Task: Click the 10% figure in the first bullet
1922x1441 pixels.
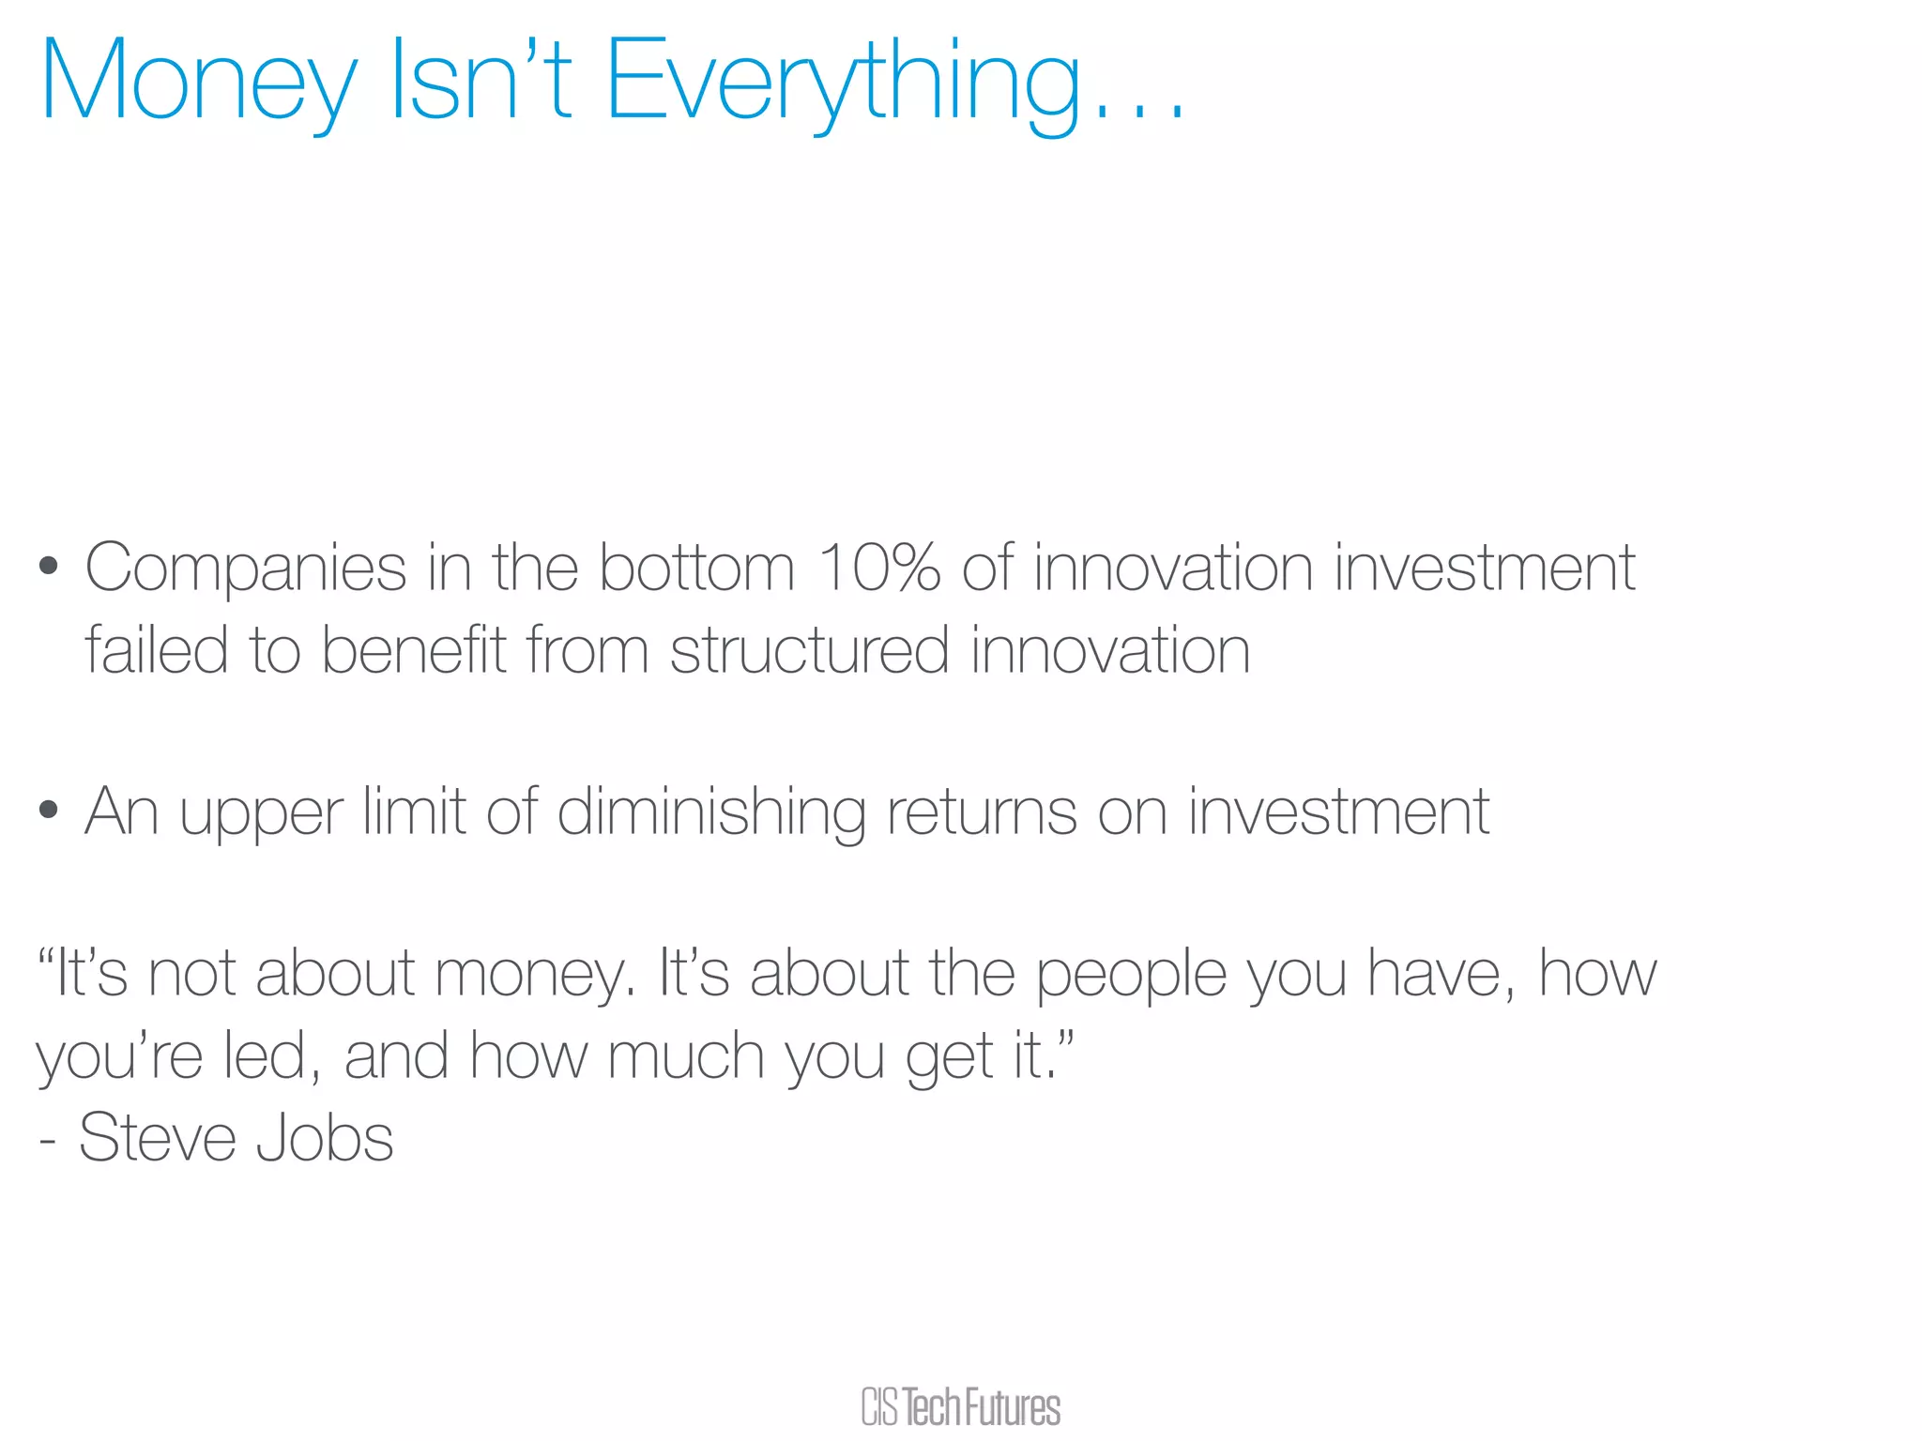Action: point(878,568)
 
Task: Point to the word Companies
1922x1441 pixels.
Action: point(246,569)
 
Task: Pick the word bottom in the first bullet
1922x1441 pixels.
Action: point(696,568)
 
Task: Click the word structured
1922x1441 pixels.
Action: point(809,650)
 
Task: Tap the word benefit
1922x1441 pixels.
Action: point(414,649)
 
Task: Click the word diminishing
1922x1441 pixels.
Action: point(710,812)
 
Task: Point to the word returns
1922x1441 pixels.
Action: point(982,812)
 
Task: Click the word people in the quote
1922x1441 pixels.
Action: point(1131,976)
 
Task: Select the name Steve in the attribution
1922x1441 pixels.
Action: point(157,1138)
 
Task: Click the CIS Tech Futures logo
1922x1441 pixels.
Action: point(960,1407)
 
